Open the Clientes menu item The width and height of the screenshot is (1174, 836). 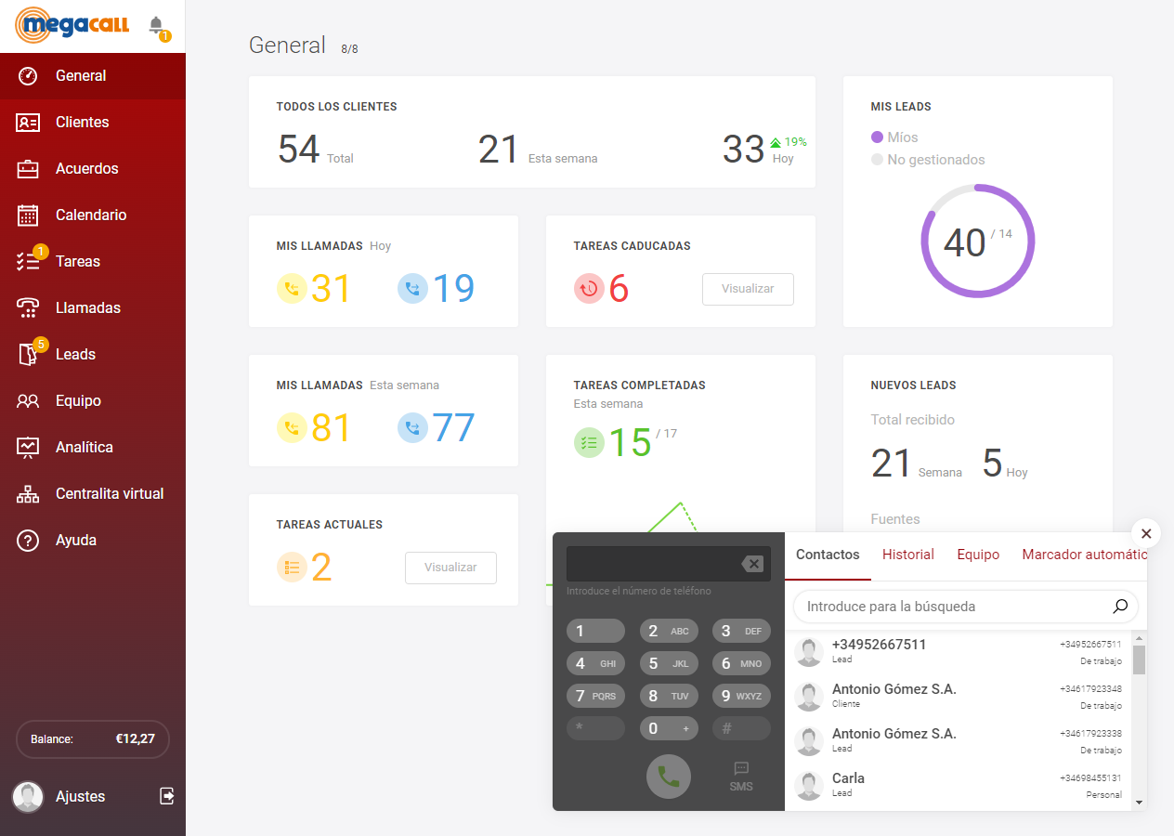[x=82, y=123]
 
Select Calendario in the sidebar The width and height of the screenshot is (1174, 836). [x=90, y=216]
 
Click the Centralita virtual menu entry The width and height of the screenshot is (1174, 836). [x=109, y=494]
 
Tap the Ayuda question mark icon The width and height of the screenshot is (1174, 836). [x=28, y=541]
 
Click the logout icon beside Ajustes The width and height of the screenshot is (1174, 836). [x=167, y=796]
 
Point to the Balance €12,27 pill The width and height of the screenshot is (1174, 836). [x=93, y=739]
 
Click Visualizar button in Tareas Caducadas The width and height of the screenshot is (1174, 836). [x=748, y=289]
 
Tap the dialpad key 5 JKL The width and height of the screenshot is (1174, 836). [x=669, y=664]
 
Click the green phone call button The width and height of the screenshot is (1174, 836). [x=669, y=777]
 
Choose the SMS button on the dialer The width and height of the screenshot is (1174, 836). [x=741, y=777]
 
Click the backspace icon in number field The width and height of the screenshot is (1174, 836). [x=752, y=564]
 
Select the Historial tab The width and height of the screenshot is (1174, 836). [x=907, y=555]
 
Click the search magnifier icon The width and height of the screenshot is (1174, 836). [x=1120, y=607]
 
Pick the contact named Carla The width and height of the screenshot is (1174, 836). [x=848, y=778]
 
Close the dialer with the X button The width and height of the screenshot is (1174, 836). [x=1146, y=533]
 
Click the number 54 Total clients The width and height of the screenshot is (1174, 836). [x=299, y=150]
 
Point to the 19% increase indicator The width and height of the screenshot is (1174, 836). [x=789, y=142]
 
